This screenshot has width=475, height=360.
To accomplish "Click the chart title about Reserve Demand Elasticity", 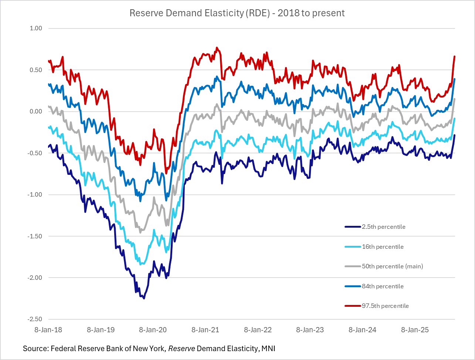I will [237, 13].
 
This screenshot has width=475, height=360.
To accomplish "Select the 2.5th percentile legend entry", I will [384, 227].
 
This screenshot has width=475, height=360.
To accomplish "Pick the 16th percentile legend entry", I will [383, 247].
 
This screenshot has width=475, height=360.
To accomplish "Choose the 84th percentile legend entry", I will [383, 286].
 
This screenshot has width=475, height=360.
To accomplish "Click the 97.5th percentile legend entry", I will [385, 306].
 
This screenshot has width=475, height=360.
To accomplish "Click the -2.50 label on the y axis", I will [34, 319].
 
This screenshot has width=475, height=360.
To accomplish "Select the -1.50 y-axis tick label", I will [34, 236].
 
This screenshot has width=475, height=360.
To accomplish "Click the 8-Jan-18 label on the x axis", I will [48, 330].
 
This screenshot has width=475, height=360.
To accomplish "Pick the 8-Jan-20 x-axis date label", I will [153, 330].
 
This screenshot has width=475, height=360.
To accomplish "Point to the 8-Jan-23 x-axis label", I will [310, 330].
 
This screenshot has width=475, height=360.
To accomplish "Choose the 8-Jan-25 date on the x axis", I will [415, 330].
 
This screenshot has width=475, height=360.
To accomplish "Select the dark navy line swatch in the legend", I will [352, 227].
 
